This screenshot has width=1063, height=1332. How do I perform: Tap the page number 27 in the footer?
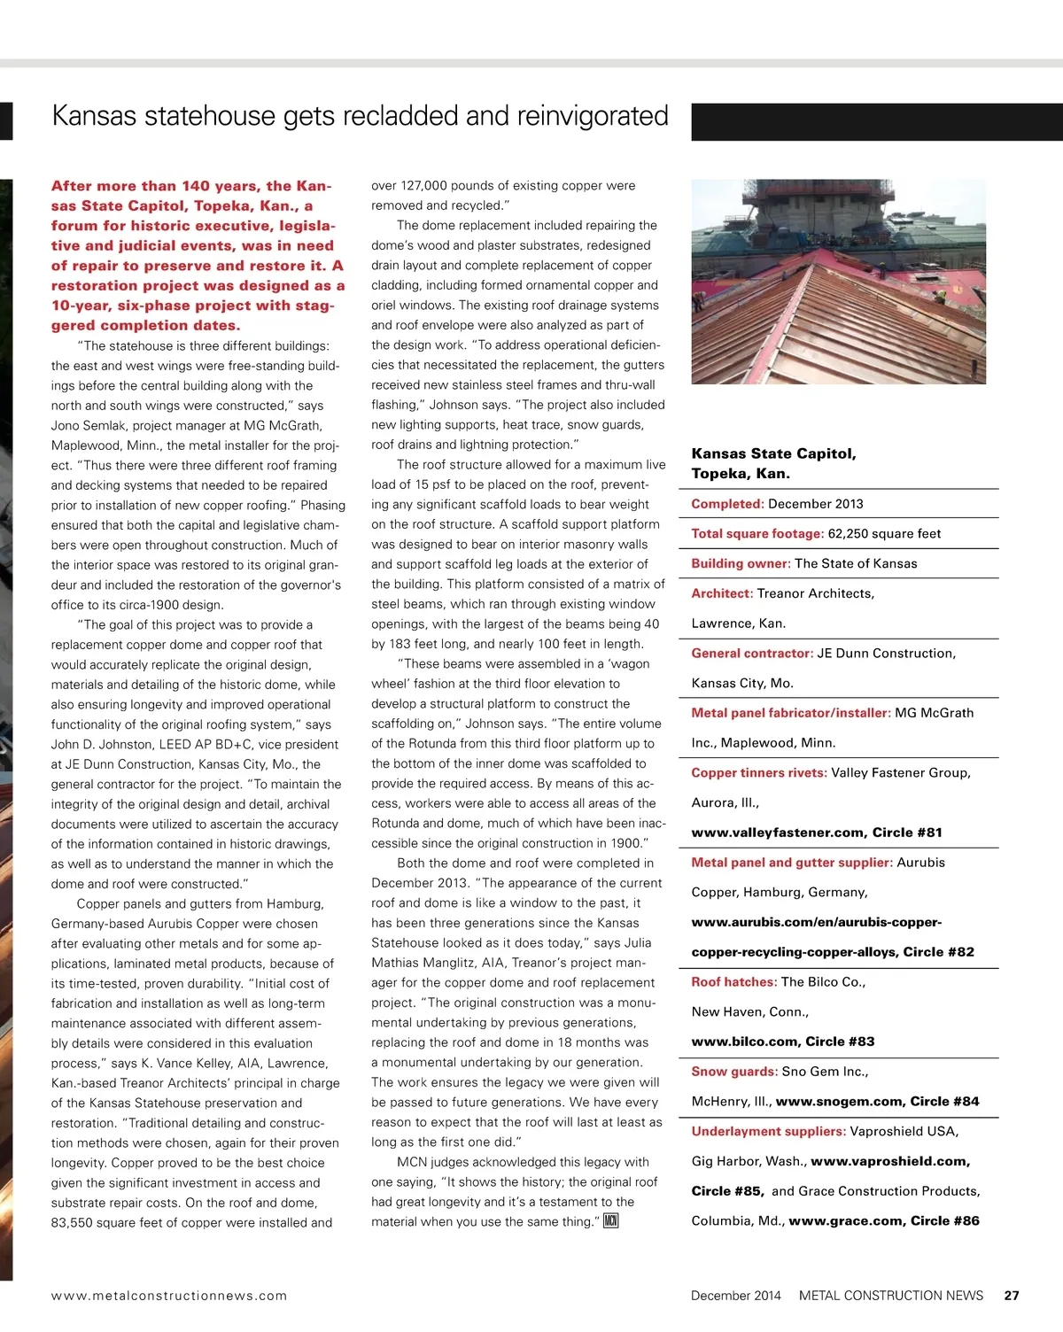click(x=1012, y=1295)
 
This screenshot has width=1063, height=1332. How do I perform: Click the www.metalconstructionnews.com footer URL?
click(x=169, y=1295)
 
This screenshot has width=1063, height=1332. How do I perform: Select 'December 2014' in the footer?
click(x=735, y=1295)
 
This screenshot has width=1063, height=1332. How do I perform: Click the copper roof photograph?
click(x=838, y=282)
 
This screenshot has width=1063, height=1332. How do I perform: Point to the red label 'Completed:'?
click(x=727, y=504)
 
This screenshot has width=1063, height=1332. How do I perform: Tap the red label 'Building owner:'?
click(x=741, y=563)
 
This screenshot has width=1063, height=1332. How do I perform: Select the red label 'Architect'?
click(x=721, y=593)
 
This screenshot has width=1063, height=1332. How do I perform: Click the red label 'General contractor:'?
click(x=752, y=654)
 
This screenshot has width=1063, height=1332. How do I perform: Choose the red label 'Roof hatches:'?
click(x=734, y=981)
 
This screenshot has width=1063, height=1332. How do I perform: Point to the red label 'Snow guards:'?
click(x=734, y=1072)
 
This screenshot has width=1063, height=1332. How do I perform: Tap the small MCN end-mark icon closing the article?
click(x=610, y=1222)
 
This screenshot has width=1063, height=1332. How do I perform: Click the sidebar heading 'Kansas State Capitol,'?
click(x=773, y=453)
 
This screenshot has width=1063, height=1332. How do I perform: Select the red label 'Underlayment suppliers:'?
click(x=768, y=1131)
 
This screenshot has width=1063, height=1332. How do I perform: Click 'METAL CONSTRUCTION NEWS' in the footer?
click(x=890, y=1295)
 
